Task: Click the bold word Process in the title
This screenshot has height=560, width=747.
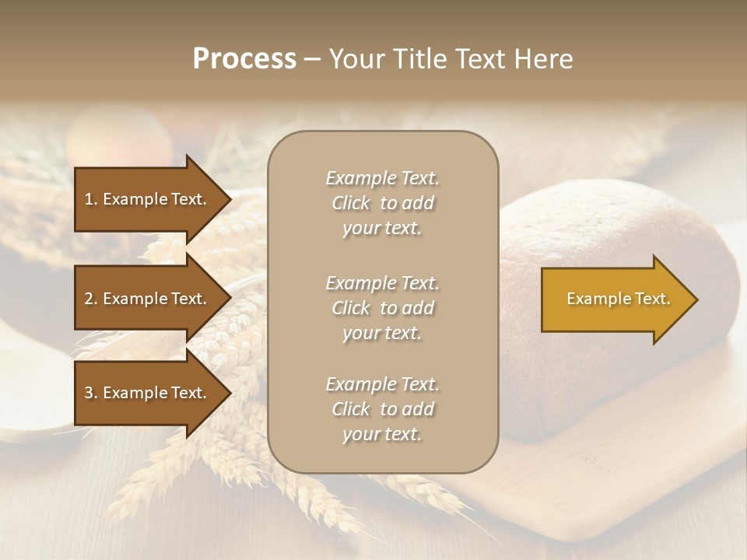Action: (x=244, y=59)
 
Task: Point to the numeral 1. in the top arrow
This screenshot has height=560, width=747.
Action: (x=91, y=199)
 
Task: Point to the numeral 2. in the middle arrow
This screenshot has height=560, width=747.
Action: (x=91, y=299)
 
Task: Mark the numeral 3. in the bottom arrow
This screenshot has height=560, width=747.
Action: (x=91, y=393)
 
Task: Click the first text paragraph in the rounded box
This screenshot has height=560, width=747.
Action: (x=382, y=203)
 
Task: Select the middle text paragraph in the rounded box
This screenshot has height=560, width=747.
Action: (x=382, y=308)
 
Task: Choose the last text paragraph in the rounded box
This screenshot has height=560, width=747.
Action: (x=382, y=409)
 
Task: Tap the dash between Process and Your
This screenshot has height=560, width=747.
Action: (x=312, y=59)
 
